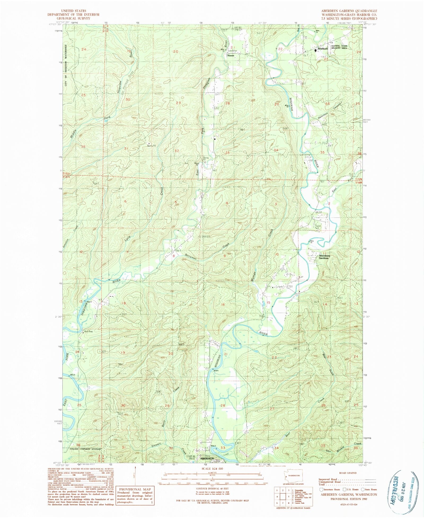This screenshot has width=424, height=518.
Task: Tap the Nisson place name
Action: coord(231,56)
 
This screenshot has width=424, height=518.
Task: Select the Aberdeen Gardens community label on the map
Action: coord(323,257)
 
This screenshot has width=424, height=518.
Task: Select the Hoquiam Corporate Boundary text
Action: coord(85,449)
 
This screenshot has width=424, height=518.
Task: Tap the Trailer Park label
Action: coord(318,227)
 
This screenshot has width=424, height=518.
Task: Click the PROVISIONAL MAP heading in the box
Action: coord(135,489)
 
